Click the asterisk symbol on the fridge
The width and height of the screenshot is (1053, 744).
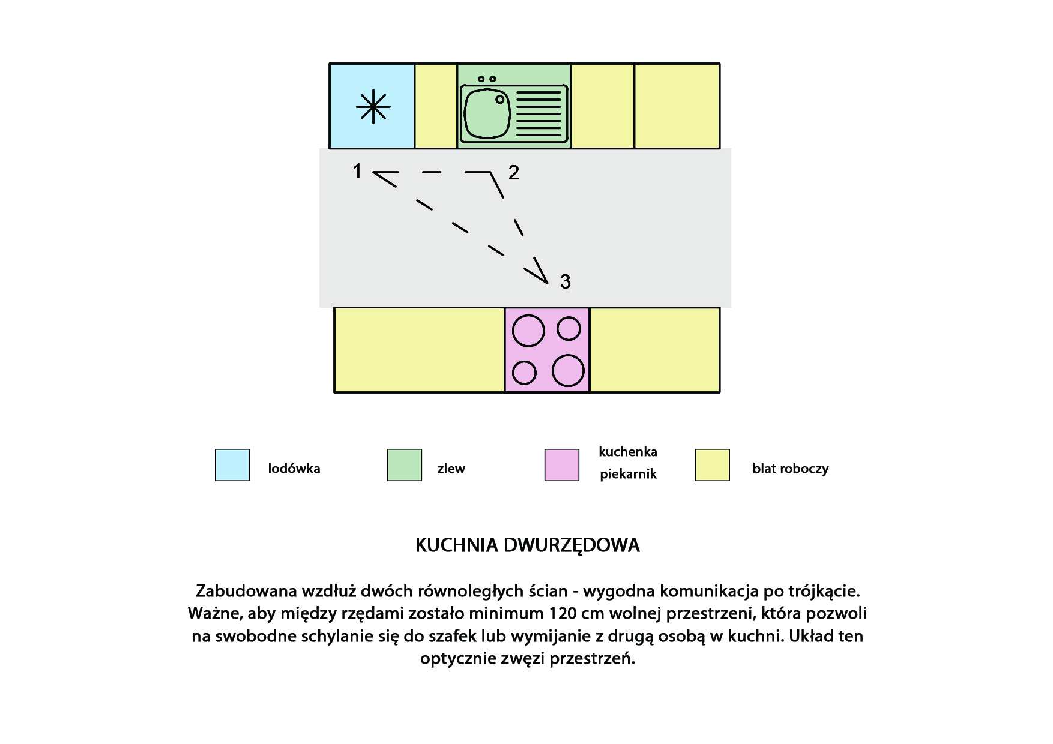(373, 107)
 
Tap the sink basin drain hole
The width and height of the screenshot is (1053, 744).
(500, 100)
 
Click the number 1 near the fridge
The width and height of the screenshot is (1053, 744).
(357, 171)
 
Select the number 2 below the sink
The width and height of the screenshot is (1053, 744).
(514, 173)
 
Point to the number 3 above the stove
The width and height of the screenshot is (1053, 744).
(565, 281)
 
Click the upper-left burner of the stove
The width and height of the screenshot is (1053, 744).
(528, 331)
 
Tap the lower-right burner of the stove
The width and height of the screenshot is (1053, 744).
(568, 370)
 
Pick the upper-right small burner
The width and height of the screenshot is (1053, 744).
(569, 328)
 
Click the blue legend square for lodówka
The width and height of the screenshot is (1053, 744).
(232, 465)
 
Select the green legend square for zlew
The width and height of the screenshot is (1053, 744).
(405, 465)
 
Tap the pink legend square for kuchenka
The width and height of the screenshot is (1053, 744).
(562, 465)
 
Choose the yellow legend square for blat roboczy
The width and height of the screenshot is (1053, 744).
(713, 465)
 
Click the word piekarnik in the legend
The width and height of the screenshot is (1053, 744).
(628, 474)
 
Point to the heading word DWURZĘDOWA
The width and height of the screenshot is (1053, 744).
(572, 545)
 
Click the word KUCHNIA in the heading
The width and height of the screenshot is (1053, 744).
(457, 545)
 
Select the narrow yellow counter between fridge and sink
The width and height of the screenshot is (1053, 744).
(436, 106)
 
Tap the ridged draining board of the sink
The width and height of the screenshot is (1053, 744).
(539, 114)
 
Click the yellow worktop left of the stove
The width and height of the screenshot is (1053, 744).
(419, 350)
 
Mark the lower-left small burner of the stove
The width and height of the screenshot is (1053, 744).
(524, 373)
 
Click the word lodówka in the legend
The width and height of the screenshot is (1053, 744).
(294, 469)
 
